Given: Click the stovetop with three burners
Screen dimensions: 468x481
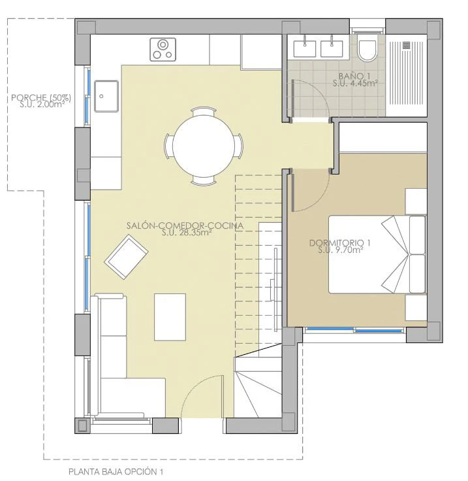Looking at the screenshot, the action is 163,50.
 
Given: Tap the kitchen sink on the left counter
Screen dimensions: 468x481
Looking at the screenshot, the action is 106,96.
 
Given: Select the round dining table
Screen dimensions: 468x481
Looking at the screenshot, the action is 204,146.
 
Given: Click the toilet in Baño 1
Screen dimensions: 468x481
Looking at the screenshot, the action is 367,50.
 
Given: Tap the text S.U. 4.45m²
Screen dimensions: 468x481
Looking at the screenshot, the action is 354,83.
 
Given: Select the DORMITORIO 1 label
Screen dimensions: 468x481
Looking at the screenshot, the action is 339,243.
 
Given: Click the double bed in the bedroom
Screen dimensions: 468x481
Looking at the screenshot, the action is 377,254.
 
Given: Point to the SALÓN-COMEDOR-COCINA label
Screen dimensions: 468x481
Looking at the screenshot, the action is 185,225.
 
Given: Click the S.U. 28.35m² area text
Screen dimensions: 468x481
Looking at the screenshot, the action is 187,233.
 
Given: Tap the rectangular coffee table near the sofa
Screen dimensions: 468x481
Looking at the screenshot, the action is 170,317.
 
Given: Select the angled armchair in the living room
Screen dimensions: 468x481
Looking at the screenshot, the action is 126,257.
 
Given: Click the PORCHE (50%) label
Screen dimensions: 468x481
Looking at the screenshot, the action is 41,98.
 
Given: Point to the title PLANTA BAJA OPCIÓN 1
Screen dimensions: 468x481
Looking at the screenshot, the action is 116,471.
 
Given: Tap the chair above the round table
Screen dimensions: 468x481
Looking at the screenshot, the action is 203,110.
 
